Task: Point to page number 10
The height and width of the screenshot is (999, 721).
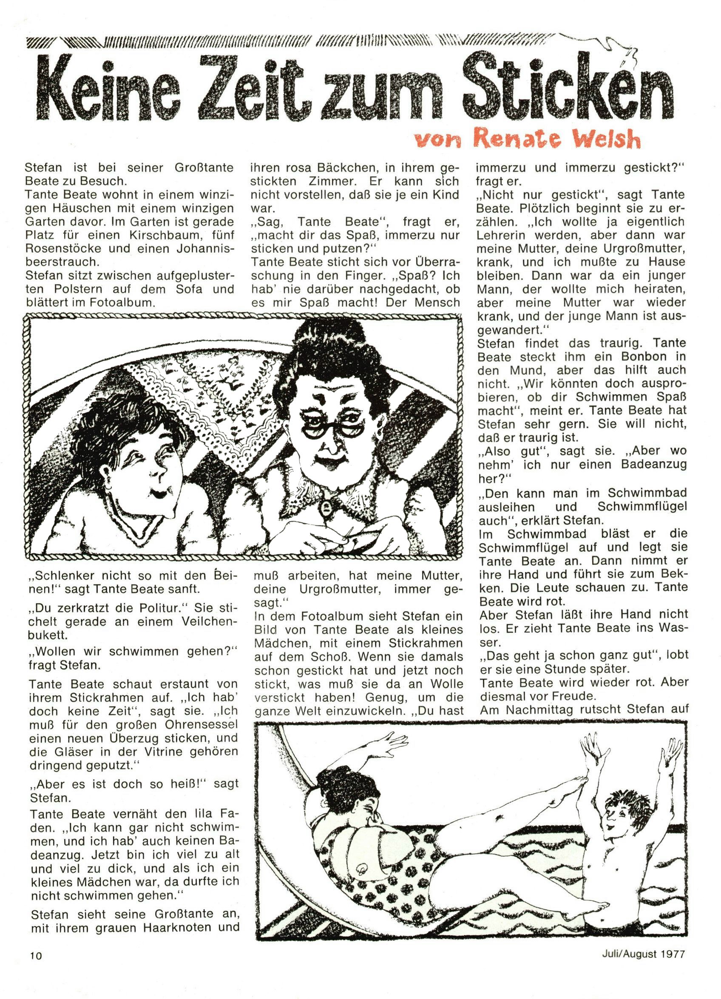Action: pos(35,967)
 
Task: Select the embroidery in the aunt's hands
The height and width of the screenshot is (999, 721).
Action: pos(348,537)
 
